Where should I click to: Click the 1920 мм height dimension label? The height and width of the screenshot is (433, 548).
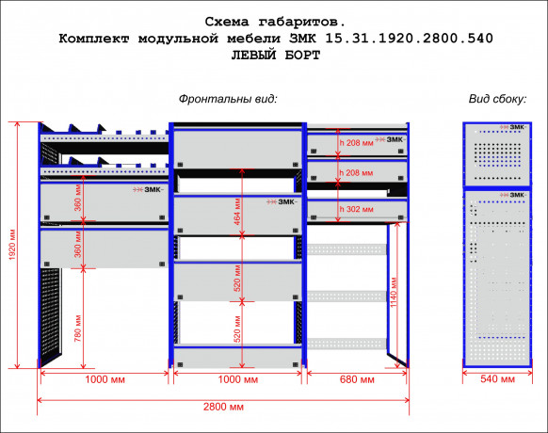tap(12, 245)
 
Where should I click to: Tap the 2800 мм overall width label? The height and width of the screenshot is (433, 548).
tap(223, 407)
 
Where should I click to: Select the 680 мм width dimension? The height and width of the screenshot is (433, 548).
tap(357, 379)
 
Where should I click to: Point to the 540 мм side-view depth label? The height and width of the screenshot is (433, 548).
tap(497, 379)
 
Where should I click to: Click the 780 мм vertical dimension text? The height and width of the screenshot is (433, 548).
tap(78, 329)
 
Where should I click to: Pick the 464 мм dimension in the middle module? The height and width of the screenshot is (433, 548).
tap(237, 212)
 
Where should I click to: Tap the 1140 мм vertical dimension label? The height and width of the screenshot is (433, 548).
tap(394, 292)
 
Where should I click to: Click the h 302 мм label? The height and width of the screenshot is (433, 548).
tap(357, 209)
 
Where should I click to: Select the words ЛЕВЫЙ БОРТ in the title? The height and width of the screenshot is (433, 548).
tap(276, 56)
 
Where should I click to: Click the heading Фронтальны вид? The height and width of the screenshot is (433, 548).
tap(228, 99)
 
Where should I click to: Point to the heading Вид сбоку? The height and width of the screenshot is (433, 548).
tap(497, 99)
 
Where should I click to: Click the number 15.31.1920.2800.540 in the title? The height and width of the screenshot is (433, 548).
tap(409, 38)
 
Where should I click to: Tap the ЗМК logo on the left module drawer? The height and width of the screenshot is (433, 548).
tap(148, 190)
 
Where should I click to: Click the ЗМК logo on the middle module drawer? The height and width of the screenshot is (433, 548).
tap(282, 202)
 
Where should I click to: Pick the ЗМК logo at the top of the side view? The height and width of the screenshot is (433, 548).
tap(512, 127)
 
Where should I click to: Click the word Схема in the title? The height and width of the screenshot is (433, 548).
tap(227, 22)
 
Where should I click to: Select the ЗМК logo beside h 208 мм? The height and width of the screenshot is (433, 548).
tap(390, 140)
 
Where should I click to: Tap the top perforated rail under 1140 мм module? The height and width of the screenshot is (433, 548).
tap(347, 249)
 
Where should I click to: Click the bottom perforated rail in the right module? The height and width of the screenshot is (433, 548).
tap(347, 344)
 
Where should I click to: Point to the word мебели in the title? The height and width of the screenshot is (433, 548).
tap(253, 39)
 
